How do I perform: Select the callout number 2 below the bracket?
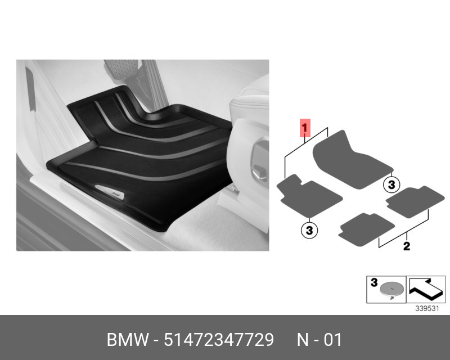[x=406, y=245]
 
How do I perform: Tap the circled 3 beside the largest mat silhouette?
[x=391, y=184]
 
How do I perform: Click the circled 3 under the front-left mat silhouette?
[x=309, y=229]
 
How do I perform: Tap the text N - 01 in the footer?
[x=319, y=340]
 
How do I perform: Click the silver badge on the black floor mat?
[x=114, y=192]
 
